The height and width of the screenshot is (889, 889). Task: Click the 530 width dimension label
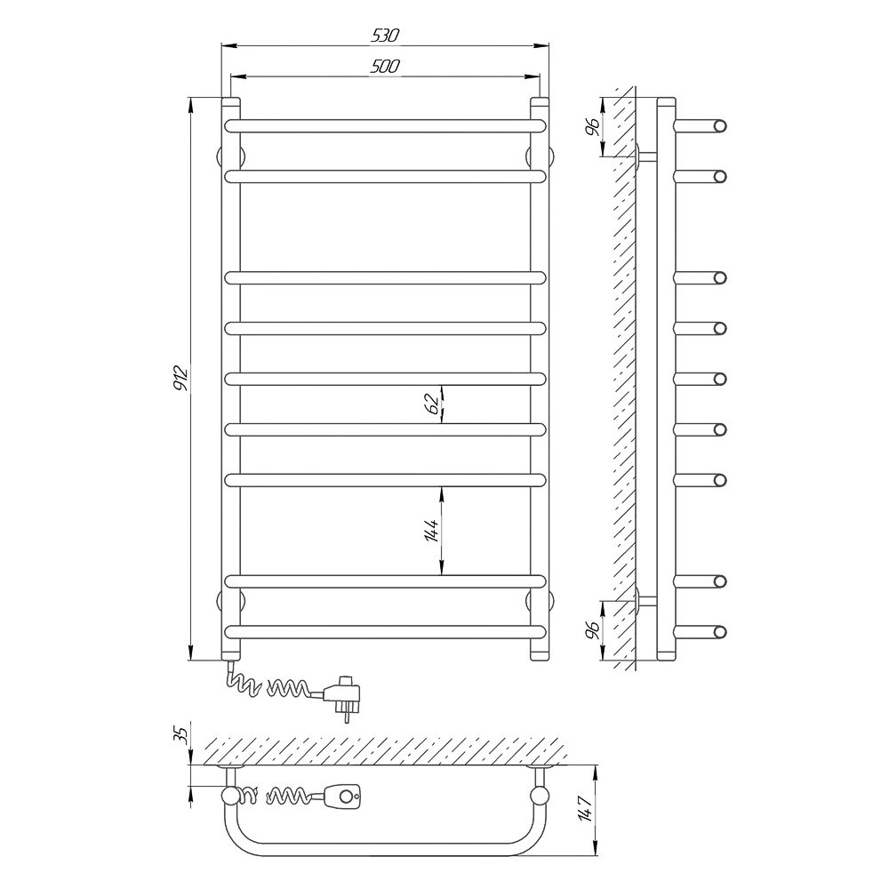tap(386, 36)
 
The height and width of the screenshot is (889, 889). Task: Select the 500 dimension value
tap(385, 67)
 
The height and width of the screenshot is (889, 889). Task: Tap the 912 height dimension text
tap(180, 379)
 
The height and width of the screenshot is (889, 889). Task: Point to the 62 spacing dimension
tap(432, 404)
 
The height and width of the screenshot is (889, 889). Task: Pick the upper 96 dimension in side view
tap(592, 127)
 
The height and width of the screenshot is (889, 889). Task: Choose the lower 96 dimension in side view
tap(592, 630)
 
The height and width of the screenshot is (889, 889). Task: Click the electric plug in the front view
tap(342, 695)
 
